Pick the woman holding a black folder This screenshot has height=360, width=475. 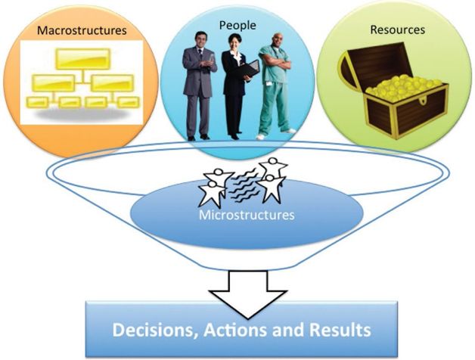(x=237, y=87)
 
